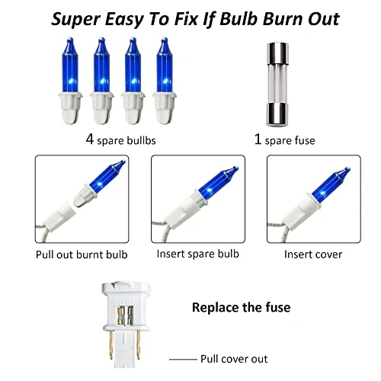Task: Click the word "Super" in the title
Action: coord(76,20)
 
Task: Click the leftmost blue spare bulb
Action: coord(70,81)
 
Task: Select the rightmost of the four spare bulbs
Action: coord(165,81)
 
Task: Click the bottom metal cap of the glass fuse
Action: coord(277,114)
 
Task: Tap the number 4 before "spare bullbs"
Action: coord(90,139)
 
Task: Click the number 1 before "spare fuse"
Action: coord(258,139)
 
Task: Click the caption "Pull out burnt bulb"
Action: coord(82,255)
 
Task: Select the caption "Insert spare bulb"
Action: coord(198,254)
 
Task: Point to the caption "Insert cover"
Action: coord(313,255)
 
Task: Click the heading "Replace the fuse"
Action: coord(242,307)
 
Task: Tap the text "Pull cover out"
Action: coord(234,359)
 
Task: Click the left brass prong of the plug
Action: coord(111,345)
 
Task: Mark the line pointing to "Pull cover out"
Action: coord(183,360)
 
